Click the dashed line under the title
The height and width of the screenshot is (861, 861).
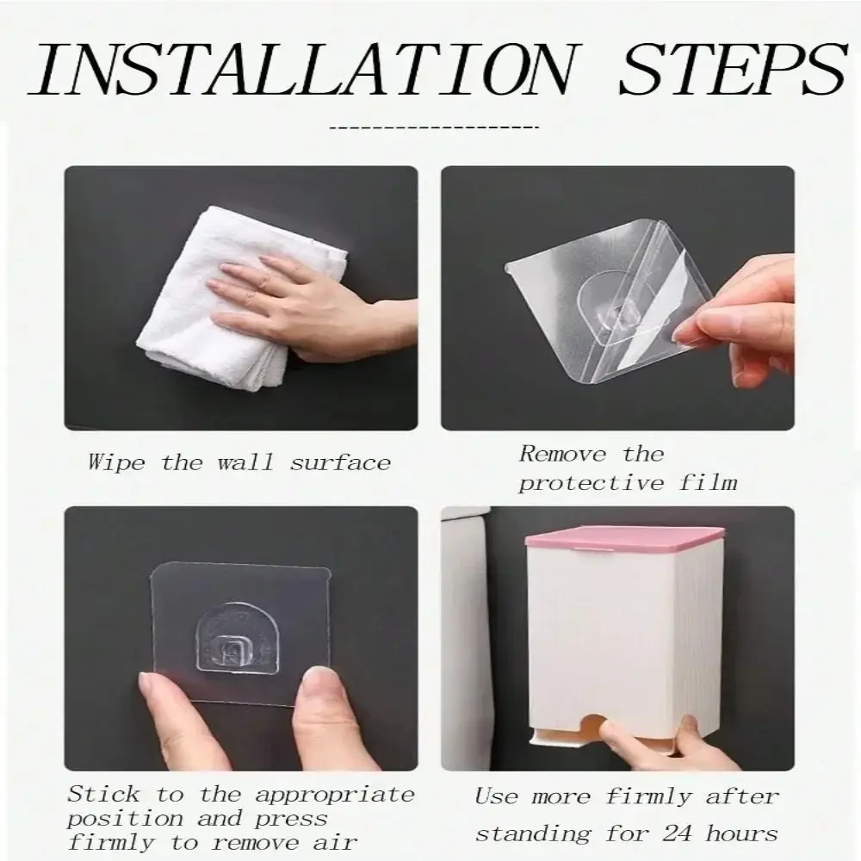[x=434, y=128]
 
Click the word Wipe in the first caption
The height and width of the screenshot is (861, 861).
[x=116, y=462]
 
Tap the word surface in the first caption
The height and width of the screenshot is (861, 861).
[x=340, y=463]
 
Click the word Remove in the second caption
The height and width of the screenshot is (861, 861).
[x=563, y=454]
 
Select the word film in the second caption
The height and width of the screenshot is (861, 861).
[x=708, y=483]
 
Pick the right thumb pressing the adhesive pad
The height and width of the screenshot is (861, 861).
[x=319, y=714]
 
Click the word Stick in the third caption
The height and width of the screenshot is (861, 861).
[x=104, y=794]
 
